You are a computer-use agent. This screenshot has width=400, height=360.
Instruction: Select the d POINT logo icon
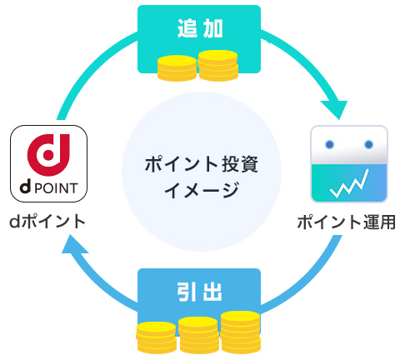[x=49, y=163]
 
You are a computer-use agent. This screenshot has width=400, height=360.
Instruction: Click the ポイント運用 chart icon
[x=349, y=165]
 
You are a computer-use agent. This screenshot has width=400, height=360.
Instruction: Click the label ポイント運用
[x=345, y=222]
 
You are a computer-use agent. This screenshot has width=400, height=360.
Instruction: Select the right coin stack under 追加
[x=218, y=65]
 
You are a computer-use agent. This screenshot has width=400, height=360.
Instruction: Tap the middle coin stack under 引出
[x=198, y=336]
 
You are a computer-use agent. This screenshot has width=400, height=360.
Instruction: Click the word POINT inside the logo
[x=57, y=186]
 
